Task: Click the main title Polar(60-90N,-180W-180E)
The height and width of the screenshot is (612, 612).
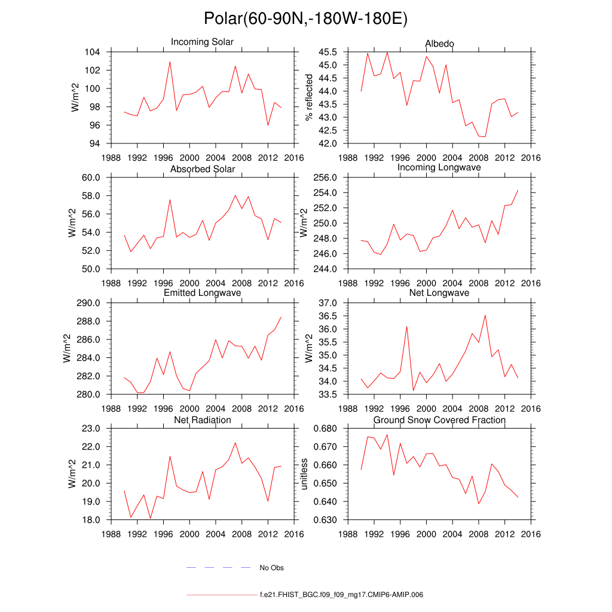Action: coord(305,19)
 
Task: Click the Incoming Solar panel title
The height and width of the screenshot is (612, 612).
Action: coord(202,42)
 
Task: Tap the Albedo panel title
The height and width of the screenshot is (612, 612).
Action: coord(439,44)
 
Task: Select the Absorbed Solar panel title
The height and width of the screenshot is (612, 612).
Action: coord(202,169)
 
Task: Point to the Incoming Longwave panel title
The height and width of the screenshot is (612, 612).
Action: coord(439,167)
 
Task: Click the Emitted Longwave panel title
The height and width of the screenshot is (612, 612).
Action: coord(202,293)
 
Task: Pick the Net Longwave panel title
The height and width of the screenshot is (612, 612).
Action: coord(439,293)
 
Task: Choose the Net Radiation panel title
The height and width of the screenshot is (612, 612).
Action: coord(202,420)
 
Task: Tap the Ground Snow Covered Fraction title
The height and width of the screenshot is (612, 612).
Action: coord(439,420)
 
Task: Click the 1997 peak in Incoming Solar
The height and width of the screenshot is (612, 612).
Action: coord(170,62)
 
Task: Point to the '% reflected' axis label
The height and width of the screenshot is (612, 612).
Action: coord(309,97)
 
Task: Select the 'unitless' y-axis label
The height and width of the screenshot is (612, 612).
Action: coord(304,474)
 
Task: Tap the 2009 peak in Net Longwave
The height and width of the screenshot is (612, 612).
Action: coord(485,315)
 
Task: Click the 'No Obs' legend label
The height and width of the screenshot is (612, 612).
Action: coord(271,568)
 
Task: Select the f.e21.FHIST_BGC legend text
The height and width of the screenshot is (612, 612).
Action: coord(341,595)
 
